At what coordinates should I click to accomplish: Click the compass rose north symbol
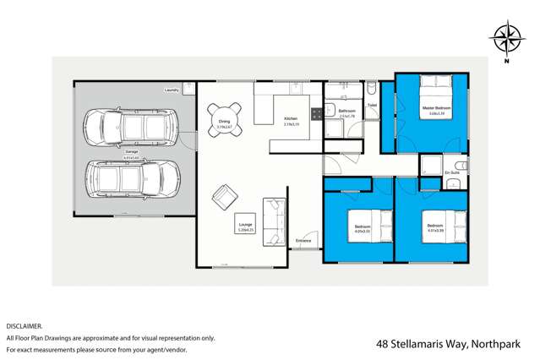point(507,39)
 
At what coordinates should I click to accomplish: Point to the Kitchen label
point(291,118)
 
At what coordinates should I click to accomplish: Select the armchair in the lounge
point(225,197)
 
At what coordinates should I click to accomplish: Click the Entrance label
point(304,241)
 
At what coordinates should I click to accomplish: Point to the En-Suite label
point(452,172)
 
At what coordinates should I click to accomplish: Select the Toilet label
point(372,106)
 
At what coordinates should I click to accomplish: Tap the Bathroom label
point(346,111)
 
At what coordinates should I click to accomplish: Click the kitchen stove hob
point(315,112)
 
